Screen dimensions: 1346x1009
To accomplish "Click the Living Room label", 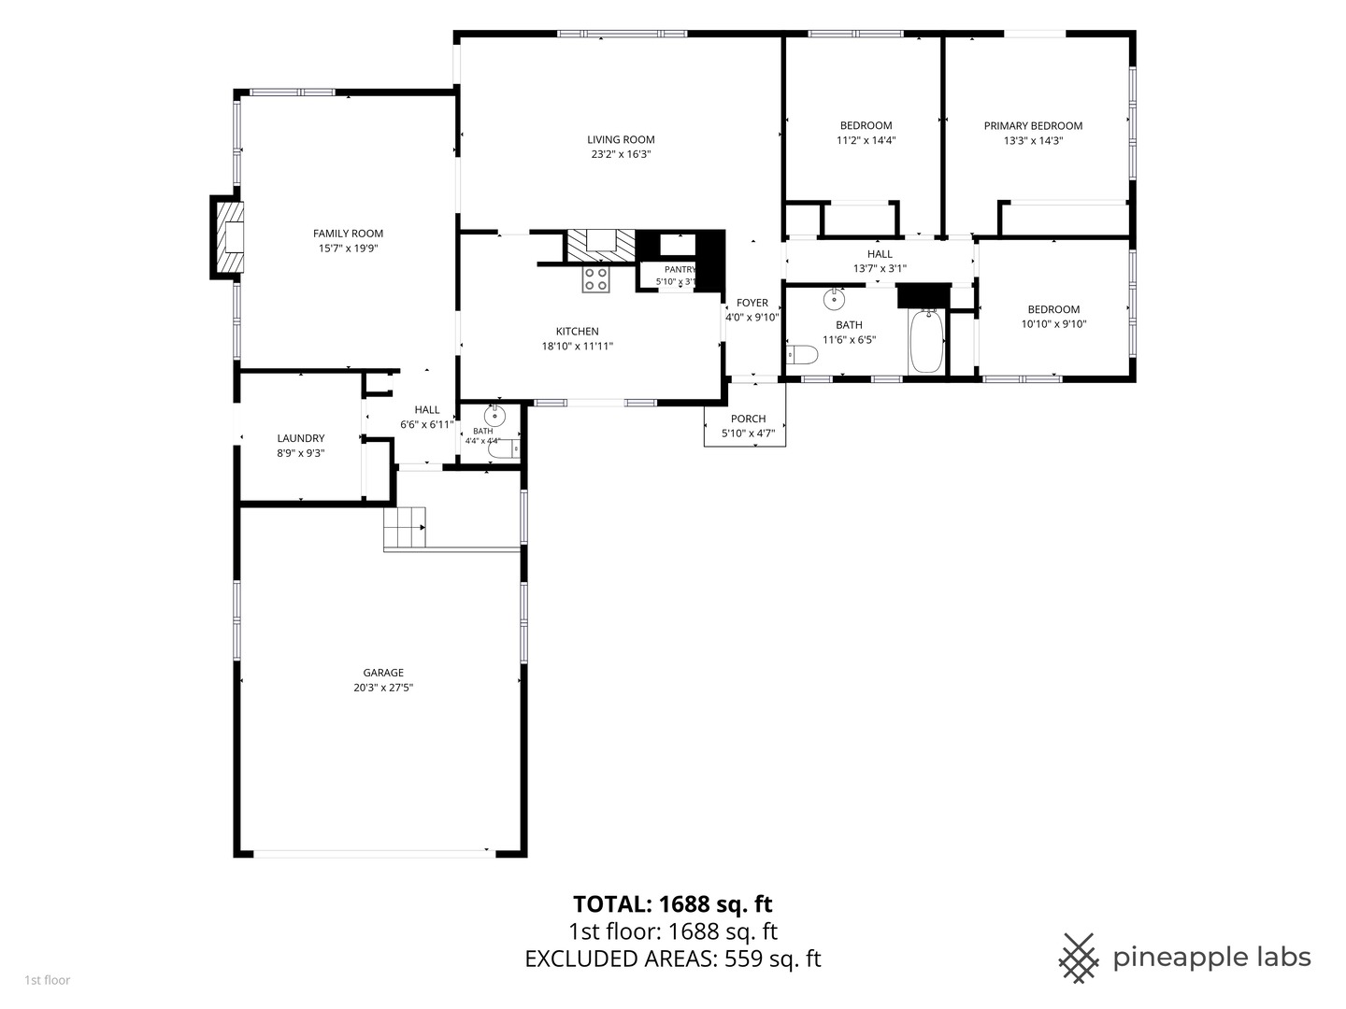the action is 621,140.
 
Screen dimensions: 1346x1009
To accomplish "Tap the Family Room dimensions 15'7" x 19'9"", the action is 348,249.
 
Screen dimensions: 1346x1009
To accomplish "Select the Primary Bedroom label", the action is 1033,125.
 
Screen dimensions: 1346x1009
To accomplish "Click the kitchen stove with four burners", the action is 596,279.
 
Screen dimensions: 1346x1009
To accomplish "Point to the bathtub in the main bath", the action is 926,341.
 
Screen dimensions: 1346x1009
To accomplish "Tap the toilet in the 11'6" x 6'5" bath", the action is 802,354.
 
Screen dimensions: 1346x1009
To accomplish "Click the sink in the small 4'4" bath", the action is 494,417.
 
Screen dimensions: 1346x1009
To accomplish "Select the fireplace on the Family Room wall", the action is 227,237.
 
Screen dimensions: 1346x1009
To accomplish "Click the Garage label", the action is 383,673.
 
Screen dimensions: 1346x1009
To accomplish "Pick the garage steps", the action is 405,528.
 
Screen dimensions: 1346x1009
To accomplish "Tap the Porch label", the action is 748,419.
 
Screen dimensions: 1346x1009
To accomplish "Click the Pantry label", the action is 680,270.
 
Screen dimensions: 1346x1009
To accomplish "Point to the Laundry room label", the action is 300,439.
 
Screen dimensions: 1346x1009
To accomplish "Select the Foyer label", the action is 752,303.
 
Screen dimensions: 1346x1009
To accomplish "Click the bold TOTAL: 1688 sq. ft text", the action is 673,904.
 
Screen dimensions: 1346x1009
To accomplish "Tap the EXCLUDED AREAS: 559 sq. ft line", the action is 673,959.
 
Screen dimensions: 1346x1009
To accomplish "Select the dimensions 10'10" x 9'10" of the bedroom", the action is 1053,324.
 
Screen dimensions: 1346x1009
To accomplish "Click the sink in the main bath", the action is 834,300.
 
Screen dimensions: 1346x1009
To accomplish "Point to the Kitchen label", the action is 577,332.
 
